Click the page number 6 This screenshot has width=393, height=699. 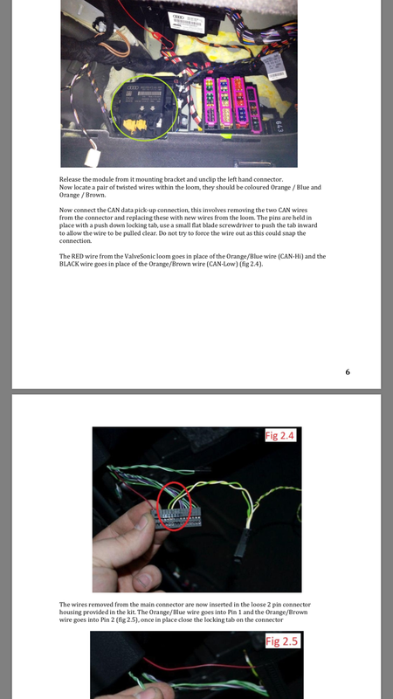click(x=348, y=372)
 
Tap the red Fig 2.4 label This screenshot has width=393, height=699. click(x=279, y=435)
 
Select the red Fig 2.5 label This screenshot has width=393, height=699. click(x=281, y=641)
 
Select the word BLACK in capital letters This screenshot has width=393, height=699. click(x=69, y=264)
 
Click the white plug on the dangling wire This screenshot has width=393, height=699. click(x=93, y=157)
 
